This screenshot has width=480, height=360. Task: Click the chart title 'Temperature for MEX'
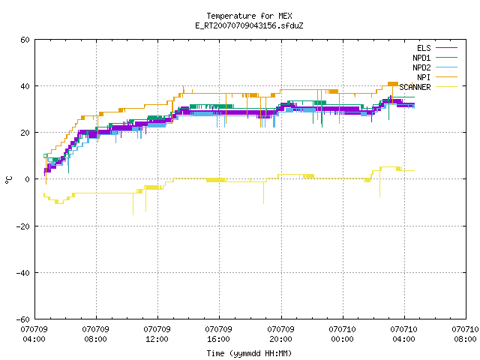coord(249,16)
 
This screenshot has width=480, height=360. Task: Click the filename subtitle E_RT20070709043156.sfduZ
coord(249,25)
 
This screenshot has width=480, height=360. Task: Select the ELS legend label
coord(424,48)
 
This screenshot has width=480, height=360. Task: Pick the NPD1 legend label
coord(421,58)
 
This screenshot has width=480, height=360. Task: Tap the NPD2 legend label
coord(421,67)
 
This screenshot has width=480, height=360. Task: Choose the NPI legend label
coord(424,77)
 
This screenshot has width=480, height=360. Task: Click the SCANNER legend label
coord(415,87)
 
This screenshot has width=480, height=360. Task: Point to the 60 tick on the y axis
coord(25,40)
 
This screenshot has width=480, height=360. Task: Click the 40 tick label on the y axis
coord(25,86)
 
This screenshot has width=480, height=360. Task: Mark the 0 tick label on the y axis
coord(27,179)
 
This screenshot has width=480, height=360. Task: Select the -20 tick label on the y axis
coord(23,226)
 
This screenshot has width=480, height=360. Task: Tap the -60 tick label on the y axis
coord(23,319)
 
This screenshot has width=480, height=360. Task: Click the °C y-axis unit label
coord(8,180)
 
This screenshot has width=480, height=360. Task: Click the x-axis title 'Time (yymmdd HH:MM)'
coord(249,353)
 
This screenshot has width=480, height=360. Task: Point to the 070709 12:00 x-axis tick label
coord(157,334)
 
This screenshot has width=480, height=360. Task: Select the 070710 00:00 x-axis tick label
coord(342,334)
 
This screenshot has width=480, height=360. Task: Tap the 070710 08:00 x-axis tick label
coord(465,334)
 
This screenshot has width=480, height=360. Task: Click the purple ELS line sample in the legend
coord(447,48)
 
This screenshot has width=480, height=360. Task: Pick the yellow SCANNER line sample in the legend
coord(447,87)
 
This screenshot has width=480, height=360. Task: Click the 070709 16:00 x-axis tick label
coord(218,334)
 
